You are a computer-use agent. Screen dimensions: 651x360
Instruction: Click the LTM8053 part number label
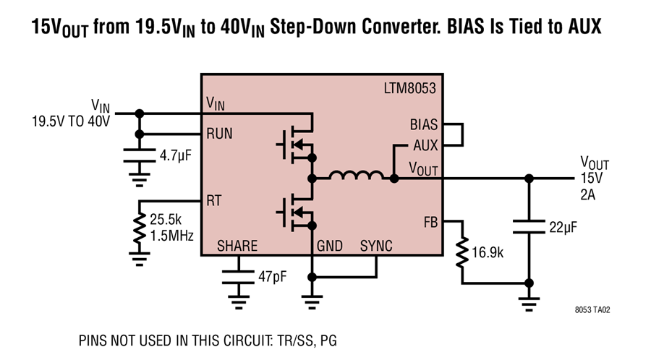[x=409, y=88]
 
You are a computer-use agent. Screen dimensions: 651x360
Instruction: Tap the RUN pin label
[x=219, y=134]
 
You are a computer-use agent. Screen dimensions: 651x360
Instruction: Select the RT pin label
[x=214, y=201]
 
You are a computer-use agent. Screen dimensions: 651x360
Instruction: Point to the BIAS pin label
[x=423, y=124]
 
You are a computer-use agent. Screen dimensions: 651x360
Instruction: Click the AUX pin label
[x=425, y=145]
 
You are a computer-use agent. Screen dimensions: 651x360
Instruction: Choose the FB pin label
[x=430, y=223]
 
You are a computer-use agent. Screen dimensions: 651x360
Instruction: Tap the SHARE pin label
[x=237, y=246]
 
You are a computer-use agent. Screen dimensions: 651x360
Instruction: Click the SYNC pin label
[x=376, y=246]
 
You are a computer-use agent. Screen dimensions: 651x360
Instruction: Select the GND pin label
[x=330, y=246]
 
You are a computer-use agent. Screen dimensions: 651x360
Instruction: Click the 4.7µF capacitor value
[x=176, y=156]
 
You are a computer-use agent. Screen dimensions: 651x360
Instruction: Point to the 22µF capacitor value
[x=563, y=227]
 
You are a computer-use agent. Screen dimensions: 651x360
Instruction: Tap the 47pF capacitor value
[x=273, y=276]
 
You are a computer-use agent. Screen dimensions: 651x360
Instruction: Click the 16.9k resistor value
[x=488, y=252]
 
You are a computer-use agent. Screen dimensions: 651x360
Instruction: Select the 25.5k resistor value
[x=166, y=219]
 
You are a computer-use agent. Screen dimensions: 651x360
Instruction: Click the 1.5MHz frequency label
[x=171, y=236]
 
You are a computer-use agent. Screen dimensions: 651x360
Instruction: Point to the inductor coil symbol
[x=356, y=175]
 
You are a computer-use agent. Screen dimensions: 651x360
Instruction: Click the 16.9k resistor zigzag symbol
[x=461, y=252]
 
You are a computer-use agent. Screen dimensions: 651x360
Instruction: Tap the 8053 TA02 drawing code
[x=592, y=310]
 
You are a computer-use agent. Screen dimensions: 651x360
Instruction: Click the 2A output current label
[x=587, y=194]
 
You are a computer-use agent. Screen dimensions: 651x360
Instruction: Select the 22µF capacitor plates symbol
[x=529, y=227]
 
